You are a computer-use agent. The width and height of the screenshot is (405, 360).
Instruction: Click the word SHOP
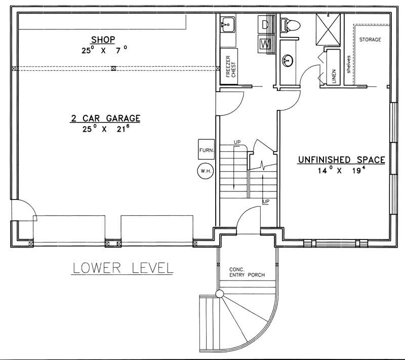103,39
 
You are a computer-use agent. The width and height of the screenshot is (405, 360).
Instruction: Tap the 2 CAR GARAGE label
105,118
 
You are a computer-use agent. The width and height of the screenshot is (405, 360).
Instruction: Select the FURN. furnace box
207,150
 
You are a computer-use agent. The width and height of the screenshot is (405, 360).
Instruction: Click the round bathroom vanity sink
288,60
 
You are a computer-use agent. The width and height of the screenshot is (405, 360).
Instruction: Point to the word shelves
349,65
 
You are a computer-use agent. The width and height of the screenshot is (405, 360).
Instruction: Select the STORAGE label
370,39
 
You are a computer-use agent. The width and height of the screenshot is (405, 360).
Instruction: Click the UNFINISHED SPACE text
341,160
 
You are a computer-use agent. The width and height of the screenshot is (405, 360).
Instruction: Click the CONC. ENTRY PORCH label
247,272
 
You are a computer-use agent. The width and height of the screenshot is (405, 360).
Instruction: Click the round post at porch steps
219,293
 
